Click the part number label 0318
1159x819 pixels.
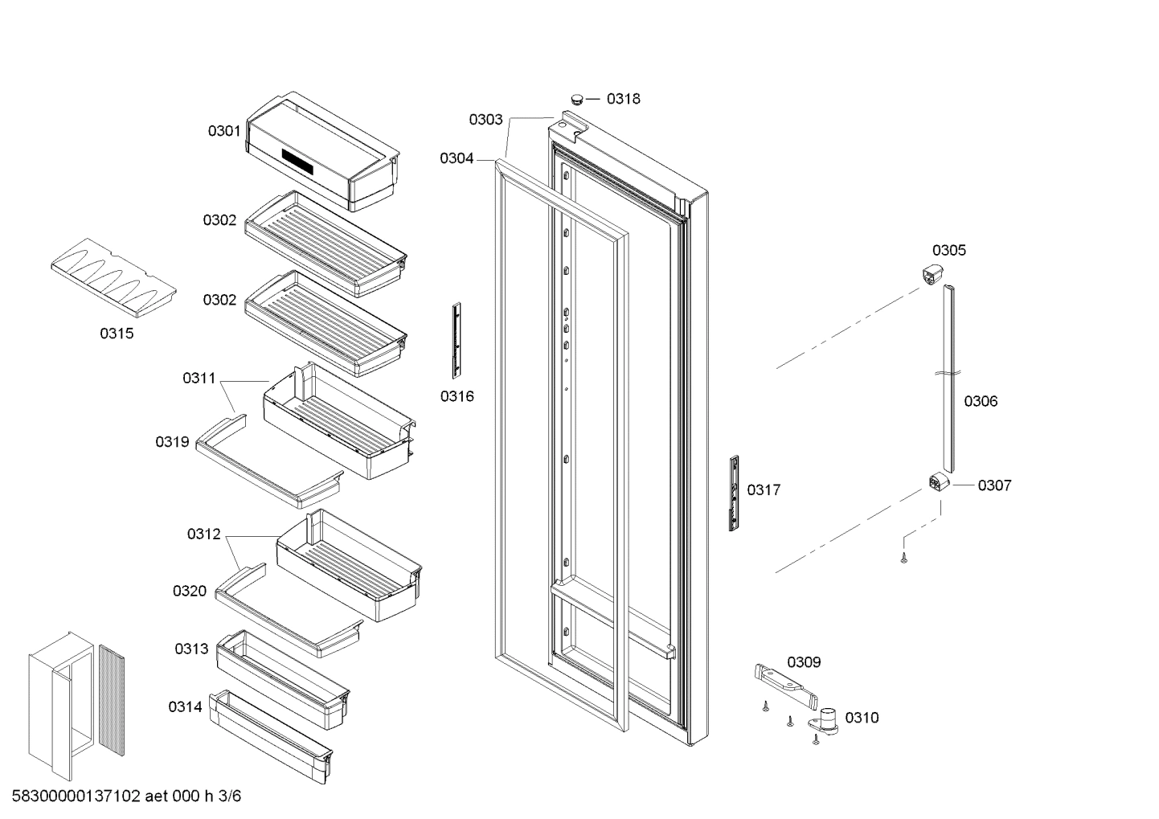pyautogui.click(x=623, y=99)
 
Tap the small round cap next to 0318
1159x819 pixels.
pyautogui.click(x=576, y=99)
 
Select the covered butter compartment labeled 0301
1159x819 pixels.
pyautogui.click(x=321, y=151)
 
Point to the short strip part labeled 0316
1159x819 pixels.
pyautogui.click(x=457, y=340)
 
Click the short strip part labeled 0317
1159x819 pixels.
pyautogui.click(x=734, y=493)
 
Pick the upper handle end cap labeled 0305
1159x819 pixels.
pyautogui.click(x=931, y=273)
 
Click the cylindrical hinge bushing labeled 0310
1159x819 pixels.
pyautogui.click(x=829, y=718)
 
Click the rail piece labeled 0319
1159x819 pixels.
pyautogui.click(x=265, y=461)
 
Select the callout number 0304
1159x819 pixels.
pyautogui.click(x=456, y=158)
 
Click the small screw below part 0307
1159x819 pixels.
pyautogui.click(x=903, y=557)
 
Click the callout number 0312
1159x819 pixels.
pyautogui.click(x=203, y=534)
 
